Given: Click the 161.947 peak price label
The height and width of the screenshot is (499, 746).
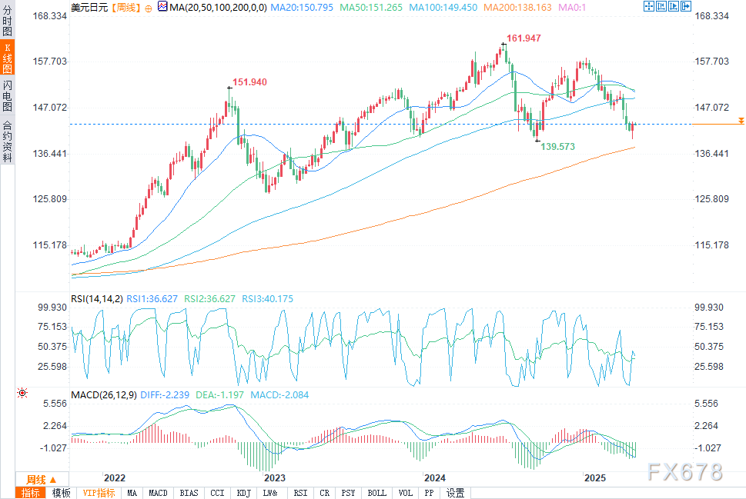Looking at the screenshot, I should pyautogui.click(x=524, y=38).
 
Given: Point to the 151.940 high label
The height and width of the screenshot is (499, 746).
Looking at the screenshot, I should pyautogui.click(x=250, y=82).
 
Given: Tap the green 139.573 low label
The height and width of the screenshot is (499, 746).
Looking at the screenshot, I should pyautogui.click(x=558, y=146).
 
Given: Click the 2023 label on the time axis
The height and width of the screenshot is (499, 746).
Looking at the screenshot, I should pyautogui.click(x=274, y=477).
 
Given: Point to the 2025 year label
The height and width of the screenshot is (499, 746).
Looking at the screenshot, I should pyautogui.click(x=596, y=477).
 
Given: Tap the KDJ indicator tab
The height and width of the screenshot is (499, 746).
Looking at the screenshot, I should pyautogui.click(x=243, y=493).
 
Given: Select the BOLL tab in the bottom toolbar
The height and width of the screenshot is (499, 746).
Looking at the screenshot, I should pyautogui.click(x=376, y=493).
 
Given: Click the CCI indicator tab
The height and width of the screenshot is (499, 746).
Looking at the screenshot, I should pyautogui.click(x=217, y=493).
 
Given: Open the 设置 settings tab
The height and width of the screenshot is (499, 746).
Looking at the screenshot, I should pyautogui.click(x=455, y=493).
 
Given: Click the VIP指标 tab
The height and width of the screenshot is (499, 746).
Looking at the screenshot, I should pyautogui.click(x=99, y=493).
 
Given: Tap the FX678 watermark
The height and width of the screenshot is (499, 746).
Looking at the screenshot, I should pyautogui.click(x=685, y=471).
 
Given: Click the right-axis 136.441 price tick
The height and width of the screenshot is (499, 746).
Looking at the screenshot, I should pyautogui.click(x=711, y=154).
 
